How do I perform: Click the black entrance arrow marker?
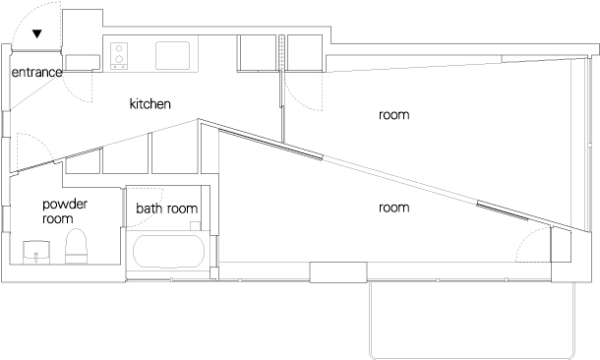coord(36,34)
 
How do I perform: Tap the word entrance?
coord(36,72)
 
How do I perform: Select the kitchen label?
coord(150,103)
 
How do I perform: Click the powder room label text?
coord(65,211)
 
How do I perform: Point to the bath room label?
coord(167,209)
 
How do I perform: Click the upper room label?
coord(393,115)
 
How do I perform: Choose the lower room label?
coord(393,208)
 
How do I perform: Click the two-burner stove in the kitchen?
coord(119,56)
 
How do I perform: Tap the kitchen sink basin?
coord(172,55)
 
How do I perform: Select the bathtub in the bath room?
coord(168,251)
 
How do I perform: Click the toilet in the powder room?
coord(76,246)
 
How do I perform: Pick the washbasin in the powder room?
coord(36,252)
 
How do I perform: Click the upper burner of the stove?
coord(119,48)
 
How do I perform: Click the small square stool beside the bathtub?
coord(195,225)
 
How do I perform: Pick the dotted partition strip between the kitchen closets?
coord(281,53)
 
